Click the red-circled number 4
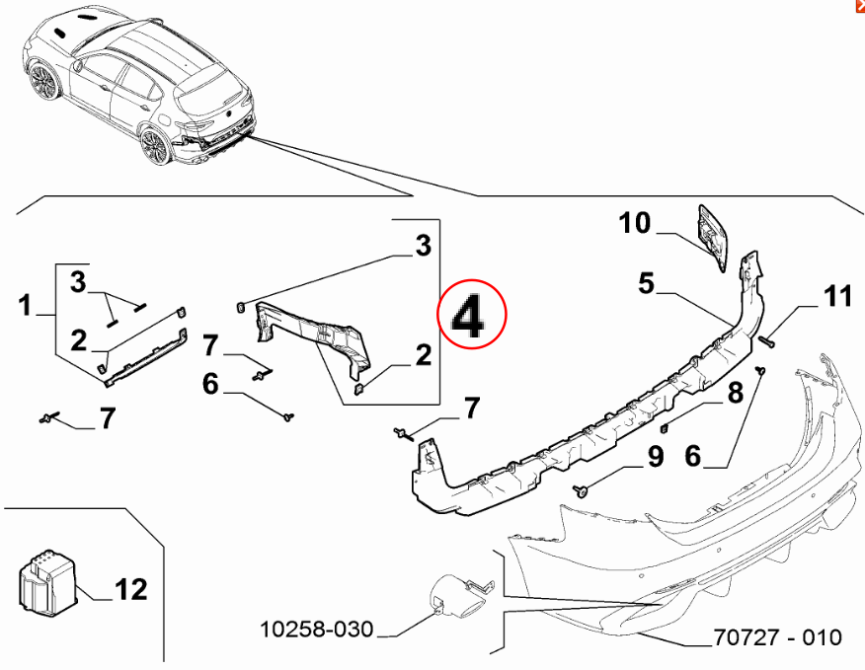(471, 316)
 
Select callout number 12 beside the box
(129, 590)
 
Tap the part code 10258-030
(317, 629)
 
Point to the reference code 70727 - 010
(777, 637)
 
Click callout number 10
(635, 224)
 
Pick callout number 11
(837, 296)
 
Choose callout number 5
(647, 284)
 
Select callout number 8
(735, 395)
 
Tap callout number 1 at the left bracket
(26, 306)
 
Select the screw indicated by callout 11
(768, 341)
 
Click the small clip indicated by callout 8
(665, 427)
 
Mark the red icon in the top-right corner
(859, 5)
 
